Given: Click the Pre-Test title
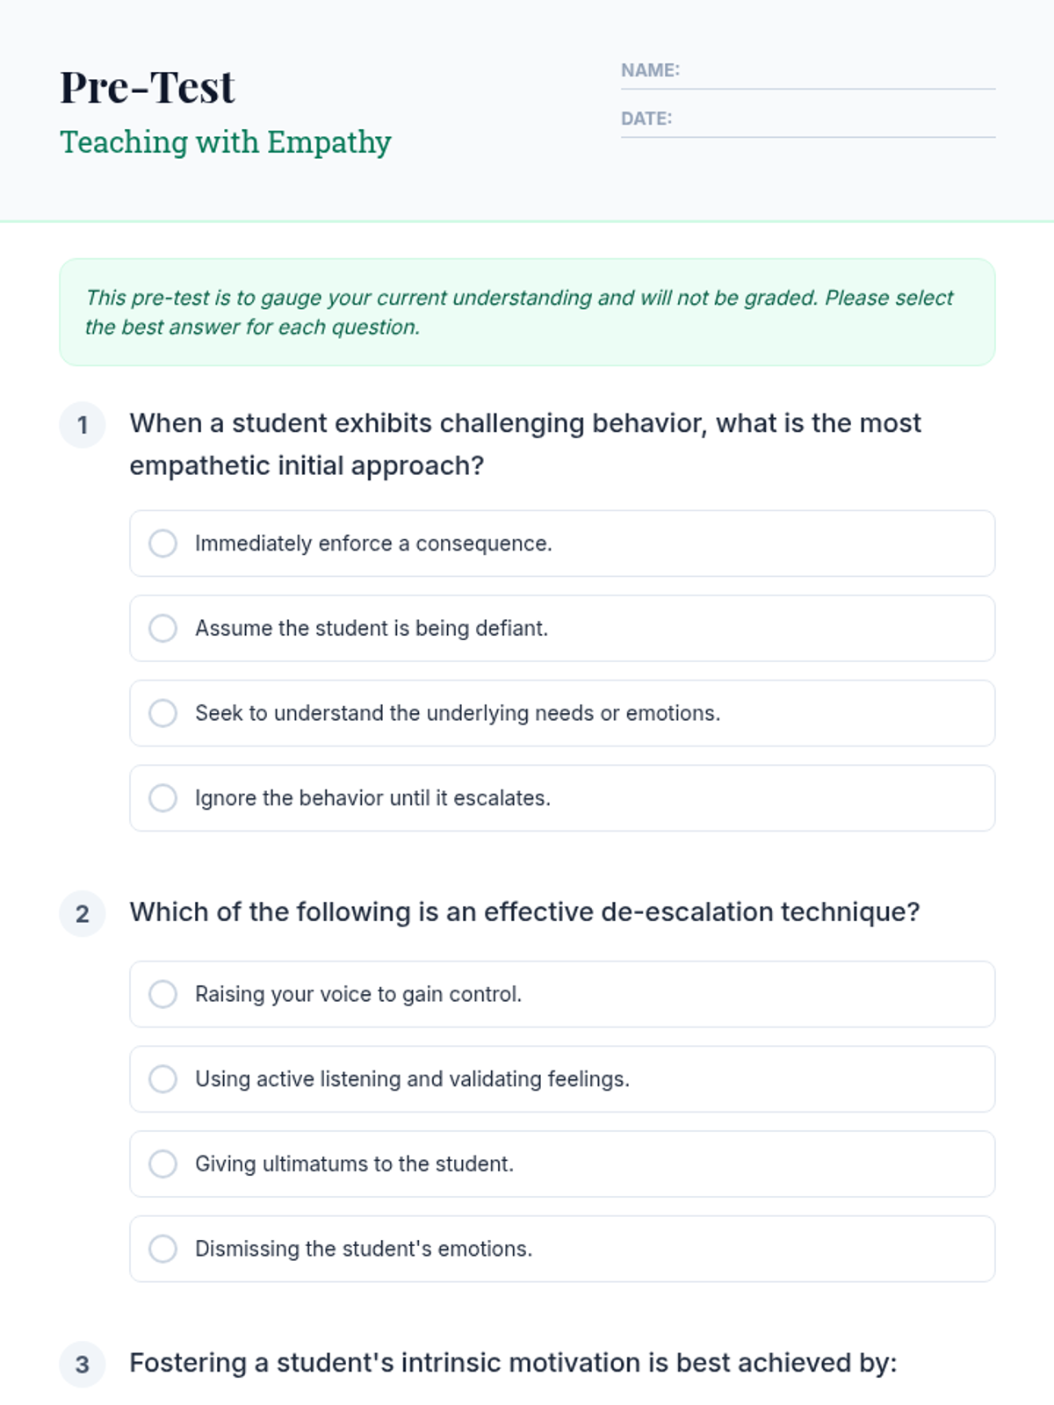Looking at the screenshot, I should coord(147,87).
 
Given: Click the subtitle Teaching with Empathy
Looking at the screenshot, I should coord(225,142).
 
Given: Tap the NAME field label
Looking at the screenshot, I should coord(650,70).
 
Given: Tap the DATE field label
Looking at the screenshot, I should coord(646,119).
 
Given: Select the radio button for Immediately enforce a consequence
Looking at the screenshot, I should coord(162,544).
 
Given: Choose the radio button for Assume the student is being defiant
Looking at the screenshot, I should coord(162,629).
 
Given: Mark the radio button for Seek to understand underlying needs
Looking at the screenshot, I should coord(162,713).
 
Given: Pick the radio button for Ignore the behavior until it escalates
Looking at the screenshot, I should coord(162,798).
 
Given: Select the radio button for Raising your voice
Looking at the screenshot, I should coord(162,994).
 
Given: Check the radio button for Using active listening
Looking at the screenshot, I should coord(162,1079).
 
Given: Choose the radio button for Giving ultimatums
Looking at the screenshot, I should coord(162,1164).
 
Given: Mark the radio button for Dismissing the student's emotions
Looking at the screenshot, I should coord(162,1249).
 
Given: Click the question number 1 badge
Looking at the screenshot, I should coord(83,425).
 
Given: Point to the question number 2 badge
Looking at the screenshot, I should coord(83,914).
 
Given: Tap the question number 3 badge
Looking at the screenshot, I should coord(83,1365).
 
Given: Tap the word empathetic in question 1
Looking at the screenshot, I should coord(199,465).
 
